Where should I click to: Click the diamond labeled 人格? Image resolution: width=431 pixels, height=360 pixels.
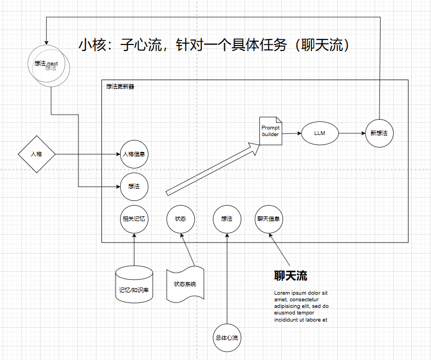pyautogui.click(x=37, y=154)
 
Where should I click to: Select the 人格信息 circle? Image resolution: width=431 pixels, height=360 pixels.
pyautogui.click(x=134, y=154)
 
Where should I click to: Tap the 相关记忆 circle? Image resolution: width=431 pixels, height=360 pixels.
pyautogui.click(x=134, y=218)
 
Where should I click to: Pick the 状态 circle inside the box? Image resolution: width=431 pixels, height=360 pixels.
pyautogui.click(x=180, y=218)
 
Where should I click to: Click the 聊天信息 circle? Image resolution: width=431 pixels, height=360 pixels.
pyautogui.click(x=269, y=218)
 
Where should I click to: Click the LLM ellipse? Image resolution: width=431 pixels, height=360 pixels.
pyautogui.click(x=320, y=133)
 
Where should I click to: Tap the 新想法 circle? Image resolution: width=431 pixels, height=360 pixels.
pyautogui.click(x=379, y=133)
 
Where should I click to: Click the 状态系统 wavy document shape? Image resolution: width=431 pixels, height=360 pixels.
pyautogui.click(x=185, y=284)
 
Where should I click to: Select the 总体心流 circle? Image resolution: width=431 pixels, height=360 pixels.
pyautogui.click(x=227, y=337)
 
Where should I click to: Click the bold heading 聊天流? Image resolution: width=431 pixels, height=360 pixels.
pyautogui.click(x=291, y=275)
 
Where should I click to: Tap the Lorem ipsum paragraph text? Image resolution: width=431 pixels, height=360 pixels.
pyautogui.click(x=301, y=306)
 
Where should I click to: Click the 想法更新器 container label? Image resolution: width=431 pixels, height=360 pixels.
pyautogui.click(x=121, y=86)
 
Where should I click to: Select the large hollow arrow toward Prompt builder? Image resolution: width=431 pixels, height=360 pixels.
pyautogui.click(x=212, y=168)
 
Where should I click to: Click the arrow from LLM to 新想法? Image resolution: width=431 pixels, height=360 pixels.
pyautogui.click(x=351, y=133)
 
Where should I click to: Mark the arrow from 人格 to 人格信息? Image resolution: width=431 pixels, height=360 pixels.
pyautogui.click(x=88, y=154)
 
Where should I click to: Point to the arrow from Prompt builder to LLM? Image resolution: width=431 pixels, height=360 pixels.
pyautogui.click(x=292, y=133)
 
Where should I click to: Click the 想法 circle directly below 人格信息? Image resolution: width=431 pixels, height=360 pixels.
pyautogui.click(x=134, y=187)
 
